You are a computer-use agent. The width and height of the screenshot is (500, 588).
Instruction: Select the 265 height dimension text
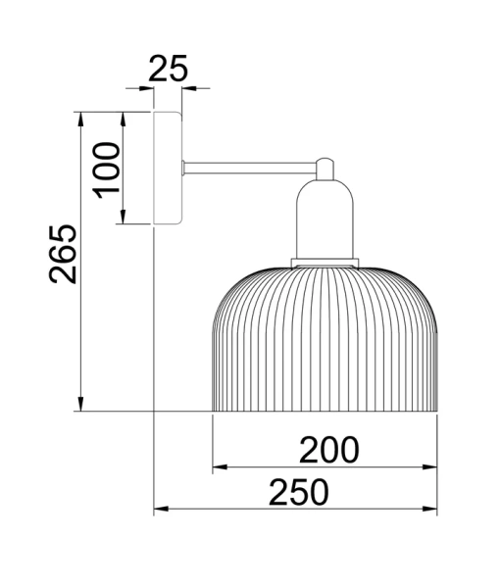[x=64, y=255]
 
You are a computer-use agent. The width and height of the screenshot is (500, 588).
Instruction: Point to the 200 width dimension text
[x=328, y=449]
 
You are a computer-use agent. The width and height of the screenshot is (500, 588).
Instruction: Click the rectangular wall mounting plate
[x=168, y=169]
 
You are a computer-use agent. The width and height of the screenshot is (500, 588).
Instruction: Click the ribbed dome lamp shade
[x=325, y=338]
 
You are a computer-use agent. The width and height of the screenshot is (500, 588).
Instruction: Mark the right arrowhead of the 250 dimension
[x=431, y=510]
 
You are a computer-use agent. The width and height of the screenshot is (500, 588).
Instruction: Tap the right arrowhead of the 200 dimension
[x=431, y=468]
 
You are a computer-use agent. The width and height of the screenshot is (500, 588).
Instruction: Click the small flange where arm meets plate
[x=185, y=168]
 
